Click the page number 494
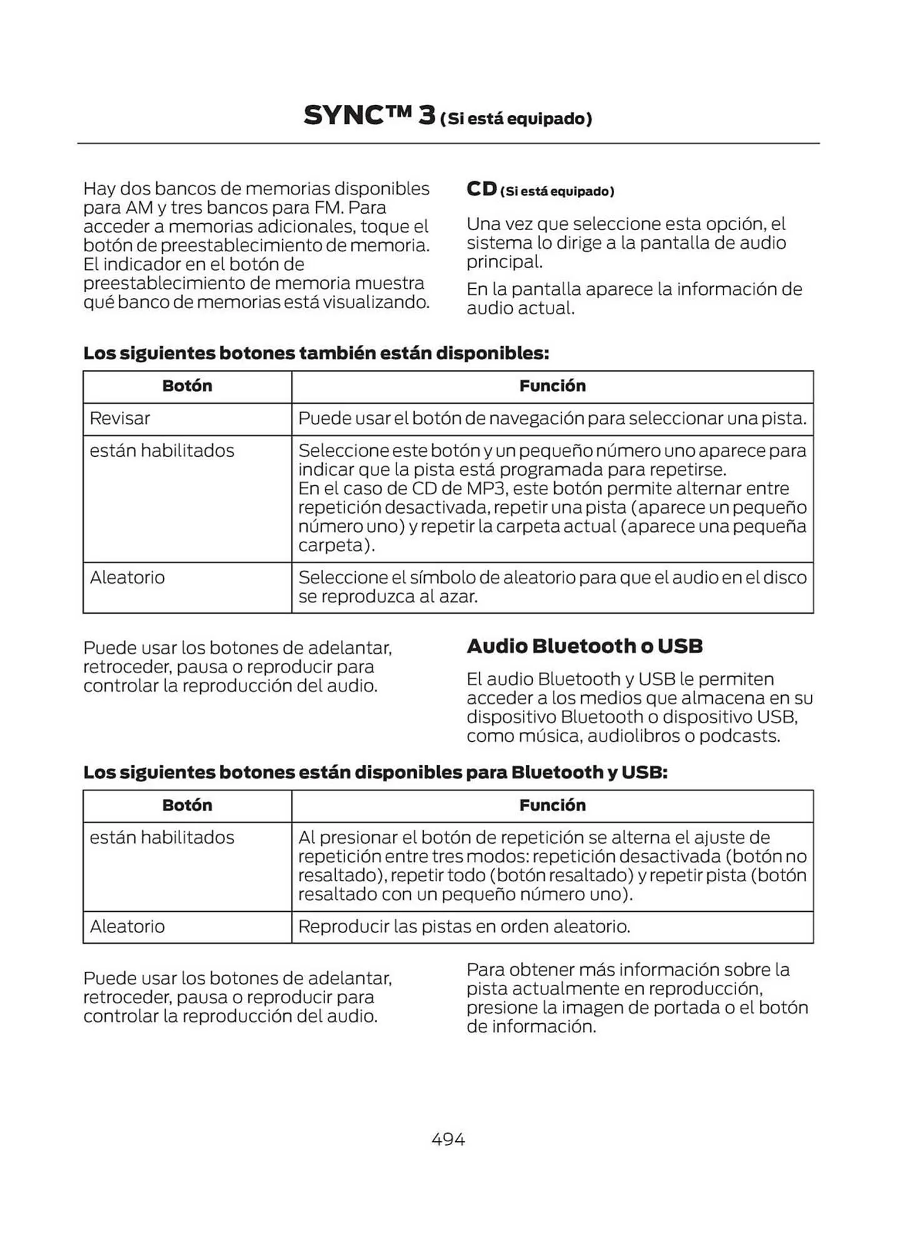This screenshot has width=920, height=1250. coord(448,1139)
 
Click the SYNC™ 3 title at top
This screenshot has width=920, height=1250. coord(369,116)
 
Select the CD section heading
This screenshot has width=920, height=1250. coord(482,189)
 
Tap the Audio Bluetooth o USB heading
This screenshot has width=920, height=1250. coord(584,646)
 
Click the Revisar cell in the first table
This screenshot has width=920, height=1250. coord(119,418)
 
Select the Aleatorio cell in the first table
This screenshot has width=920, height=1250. coord(127,577)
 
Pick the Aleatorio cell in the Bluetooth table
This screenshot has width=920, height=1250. coord(127,926)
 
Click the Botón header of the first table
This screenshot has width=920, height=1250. coord(187,386)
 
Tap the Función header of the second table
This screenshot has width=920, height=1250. coord(552,804)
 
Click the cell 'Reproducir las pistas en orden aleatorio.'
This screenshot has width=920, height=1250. coord(463,926)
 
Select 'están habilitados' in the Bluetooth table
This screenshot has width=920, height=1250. coord(161,837)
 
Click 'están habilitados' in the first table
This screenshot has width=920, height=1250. coord(161,450)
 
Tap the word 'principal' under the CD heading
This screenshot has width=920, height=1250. coord(503,262)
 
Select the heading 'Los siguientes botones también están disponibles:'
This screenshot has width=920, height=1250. coord(316,353)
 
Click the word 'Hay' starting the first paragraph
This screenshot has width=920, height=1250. coord(99,189)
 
